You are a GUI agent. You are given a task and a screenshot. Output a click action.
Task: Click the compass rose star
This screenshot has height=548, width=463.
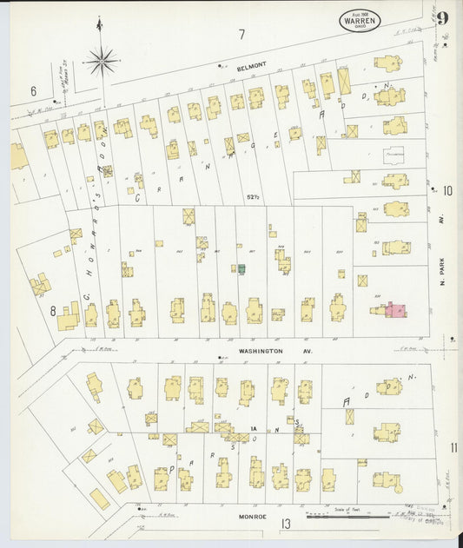(x=102, y=61)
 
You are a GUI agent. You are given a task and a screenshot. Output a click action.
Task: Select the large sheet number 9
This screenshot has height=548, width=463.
(x=443, y=18)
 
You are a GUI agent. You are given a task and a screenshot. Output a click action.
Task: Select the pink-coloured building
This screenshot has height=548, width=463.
(x=395, y=309)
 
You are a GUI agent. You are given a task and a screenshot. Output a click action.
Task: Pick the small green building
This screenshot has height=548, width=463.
(x=241, y=269)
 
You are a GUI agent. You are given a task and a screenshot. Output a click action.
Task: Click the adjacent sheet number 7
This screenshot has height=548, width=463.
(x=242, y=35)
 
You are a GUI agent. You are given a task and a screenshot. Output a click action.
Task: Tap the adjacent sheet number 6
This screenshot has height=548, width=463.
(x=33, y=91)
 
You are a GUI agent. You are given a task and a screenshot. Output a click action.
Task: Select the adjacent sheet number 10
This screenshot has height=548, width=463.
(x=447, y=191)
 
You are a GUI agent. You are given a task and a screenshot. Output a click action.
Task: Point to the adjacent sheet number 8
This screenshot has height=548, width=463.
(x=52, y=309)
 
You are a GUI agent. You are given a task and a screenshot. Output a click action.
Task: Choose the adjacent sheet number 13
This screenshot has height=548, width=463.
(x=285, y=523)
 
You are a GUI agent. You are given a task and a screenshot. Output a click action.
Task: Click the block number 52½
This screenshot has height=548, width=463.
(x=254, y=196)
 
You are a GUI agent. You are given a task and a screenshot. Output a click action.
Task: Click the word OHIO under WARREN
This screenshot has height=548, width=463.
(x=360, y=28)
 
